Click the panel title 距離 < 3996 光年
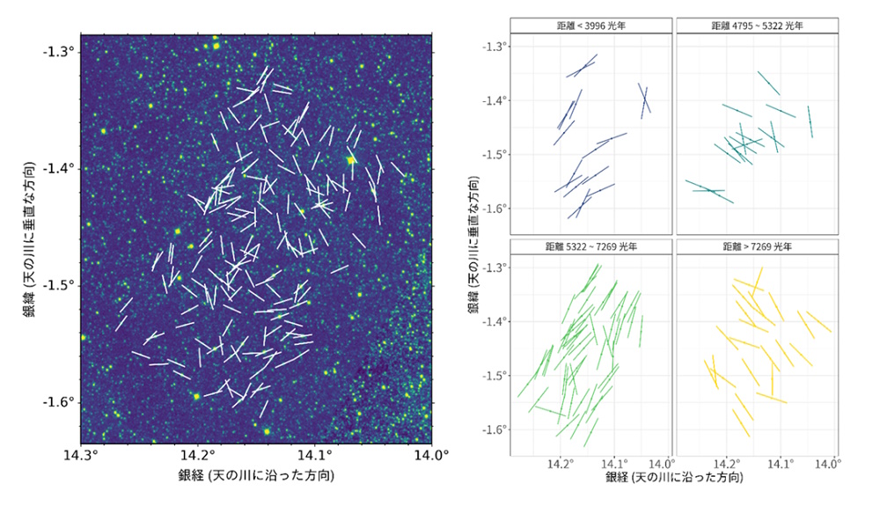click(x=590, y=26)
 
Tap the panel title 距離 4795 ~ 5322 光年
click(x=757, y=26)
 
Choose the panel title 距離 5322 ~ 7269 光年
click(x=590, y=248)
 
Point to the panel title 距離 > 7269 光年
click(x=757, y=248)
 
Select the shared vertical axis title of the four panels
click(x=473, y=238)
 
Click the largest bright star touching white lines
click(x=351, y=159)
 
